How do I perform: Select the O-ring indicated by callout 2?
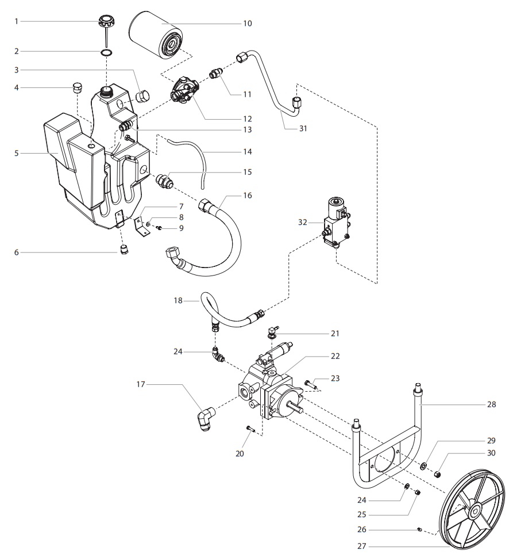click(106, 52)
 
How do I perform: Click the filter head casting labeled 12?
click(184, 90)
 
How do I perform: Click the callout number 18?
click(178, 300)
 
